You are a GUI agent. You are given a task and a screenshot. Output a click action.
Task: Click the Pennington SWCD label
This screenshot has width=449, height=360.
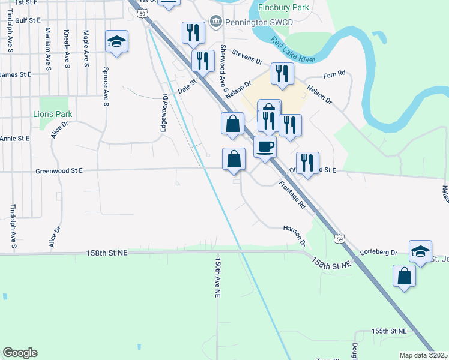238,22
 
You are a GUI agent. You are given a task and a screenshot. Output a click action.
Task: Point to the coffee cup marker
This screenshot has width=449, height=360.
265,146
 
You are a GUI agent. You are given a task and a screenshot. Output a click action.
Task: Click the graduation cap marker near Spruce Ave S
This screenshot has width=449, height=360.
116,41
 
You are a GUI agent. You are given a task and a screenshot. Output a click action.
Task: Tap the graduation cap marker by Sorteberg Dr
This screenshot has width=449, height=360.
420,251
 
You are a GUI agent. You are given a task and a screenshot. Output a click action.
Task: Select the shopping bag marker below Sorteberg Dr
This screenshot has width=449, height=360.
405,276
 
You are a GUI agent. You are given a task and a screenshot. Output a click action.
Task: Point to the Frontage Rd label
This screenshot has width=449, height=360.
292,196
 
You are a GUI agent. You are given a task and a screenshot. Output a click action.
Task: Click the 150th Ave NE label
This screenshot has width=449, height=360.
218,279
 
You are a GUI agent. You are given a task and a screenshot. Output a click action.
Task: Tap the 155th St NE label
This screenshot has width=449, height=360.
389,331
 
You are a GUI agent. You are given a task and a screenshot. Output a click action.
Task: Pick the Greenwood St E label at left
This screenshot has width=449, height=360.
58,170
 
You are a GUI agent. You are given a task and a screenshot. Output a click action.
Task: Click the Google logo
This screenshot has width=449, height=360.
20,353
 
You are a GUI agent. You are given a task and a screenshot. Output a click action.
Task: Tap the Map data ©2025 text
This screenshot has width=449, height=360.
423,355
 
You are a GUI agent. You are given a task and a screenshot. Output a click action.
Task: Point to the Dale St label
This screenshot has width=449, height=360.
187,87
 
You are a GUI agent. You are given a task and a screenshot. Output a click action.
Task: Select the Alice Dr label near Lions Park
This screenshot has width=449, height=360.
60,130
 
